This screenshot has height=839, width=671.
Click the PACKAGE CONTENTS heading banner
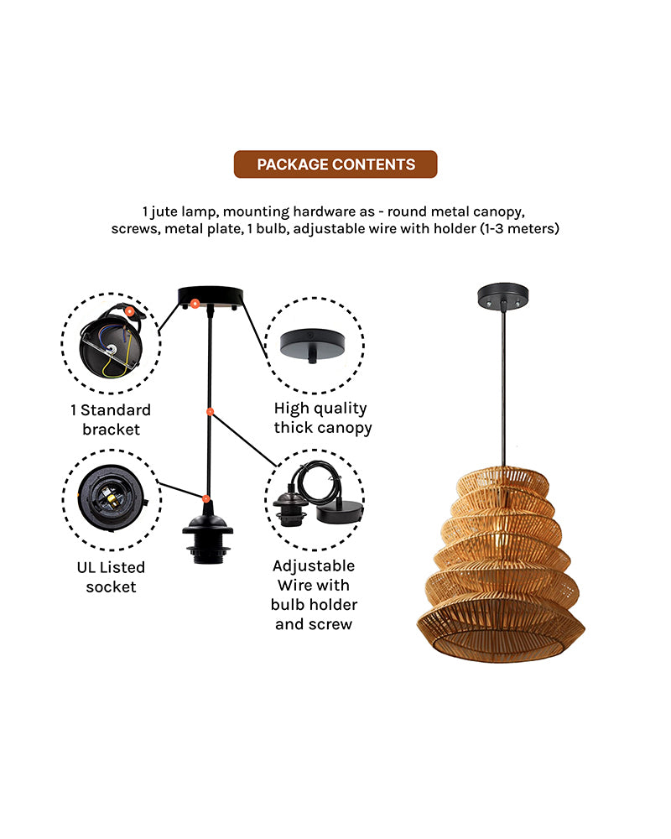pyautogui.click(x=335, y=164)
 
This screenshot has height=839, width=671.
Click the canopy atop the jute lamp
pyautogui.click(x=502, y=296)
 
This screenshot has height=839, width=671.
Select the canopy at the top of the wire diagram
pyautogui.click(x=210, y=297)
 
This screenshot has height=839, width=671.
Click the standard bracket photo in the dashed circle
pyautogui.click(x=111, y=341)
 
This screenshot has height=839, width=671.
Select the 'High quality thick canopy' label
pyautogui.click(x=321, y=418)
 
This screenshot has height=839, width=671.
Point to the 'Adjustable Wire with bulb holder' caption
pyautogui.click(x=314, y=595)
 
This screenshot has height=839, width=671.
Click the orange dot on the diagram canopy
pyautogui.click(x=195, y=302)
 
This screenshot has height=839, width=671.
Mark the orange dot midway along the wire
pyautogui.click(x=210, y=412)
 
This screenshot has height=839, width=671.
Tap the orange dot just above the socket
pyautogui.click(x=205, y=499)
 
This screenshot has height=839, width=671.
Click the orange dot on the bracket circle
pyautogui.click(x=130, y=310)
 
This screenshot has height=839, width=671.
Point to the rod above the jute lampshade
pyautogui.click(x=502, y=386)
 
